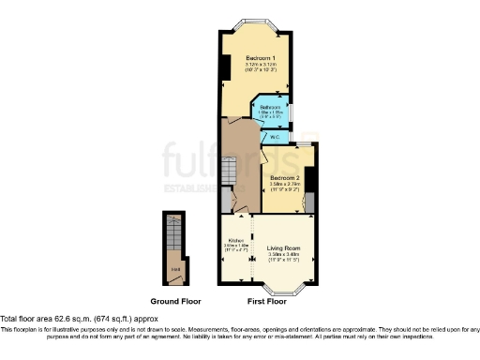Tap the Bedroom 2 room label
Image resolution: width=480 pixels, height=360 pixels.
(x=284, y=178)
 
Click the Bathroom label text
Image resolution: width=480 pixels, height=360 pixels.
(x=270, y=107)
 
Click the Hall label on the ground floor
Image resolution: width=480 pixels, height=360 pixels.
(x=173, y=274)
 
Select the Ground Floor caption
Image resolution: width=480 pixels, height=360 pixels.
(x=176, y=302)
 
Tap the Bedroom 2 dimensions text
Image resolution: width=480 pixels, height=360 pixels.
(x=284, y=186)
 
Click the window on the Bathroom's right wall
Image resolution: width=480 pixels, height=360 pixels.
(x=291, y=112)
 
